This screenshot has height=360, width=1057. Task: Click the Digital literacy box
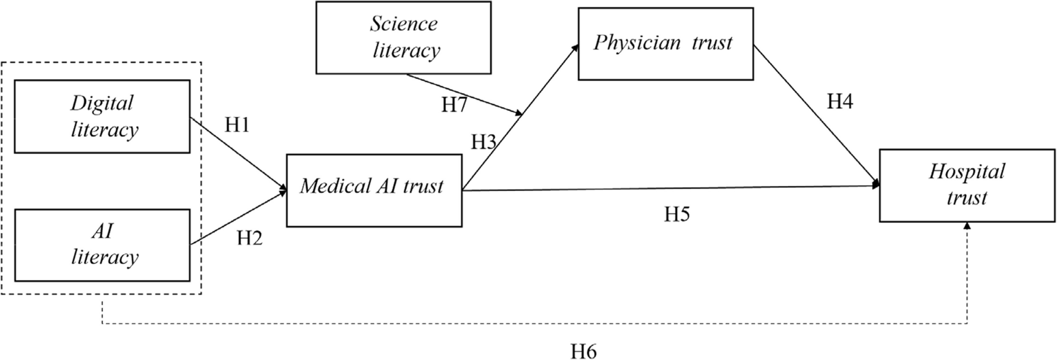(102, 116)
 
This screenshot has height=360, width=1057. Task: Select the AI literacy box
(102, 245)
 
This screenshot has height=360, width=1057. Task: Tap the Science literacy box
(403, 37)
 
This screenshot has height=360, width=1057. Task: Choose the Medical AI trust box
(374, 190)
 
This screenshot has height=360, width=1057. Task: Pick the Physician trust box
(665, 43)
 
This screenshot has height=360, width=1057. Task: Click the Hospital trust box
(966, 185)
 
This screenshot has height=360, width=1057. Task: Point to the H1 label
(237, 125)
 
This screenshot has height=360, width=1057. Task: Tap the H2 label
(249, 237)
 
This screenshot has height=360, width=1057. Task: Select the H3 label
(483, 142)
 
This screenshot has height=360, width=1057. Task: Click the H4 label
(839, 102)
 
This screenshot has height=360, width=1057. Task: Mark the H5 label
(676, 214)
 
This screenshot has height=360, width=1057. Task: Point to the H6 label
(583, 351)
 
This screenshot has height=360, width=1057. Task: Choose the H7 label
(454, 105)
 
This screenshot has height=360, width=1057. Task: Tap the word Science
(404, 23)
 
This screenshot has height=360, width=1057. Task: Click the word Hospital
(966, 172)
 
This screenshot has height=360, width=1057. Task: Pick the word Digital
(102, 103)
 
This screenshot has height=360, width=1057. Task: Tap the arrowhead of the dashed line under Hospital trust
(967, 226)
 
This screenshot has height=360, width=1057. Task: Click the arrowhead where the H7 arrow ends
(519, 113)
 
